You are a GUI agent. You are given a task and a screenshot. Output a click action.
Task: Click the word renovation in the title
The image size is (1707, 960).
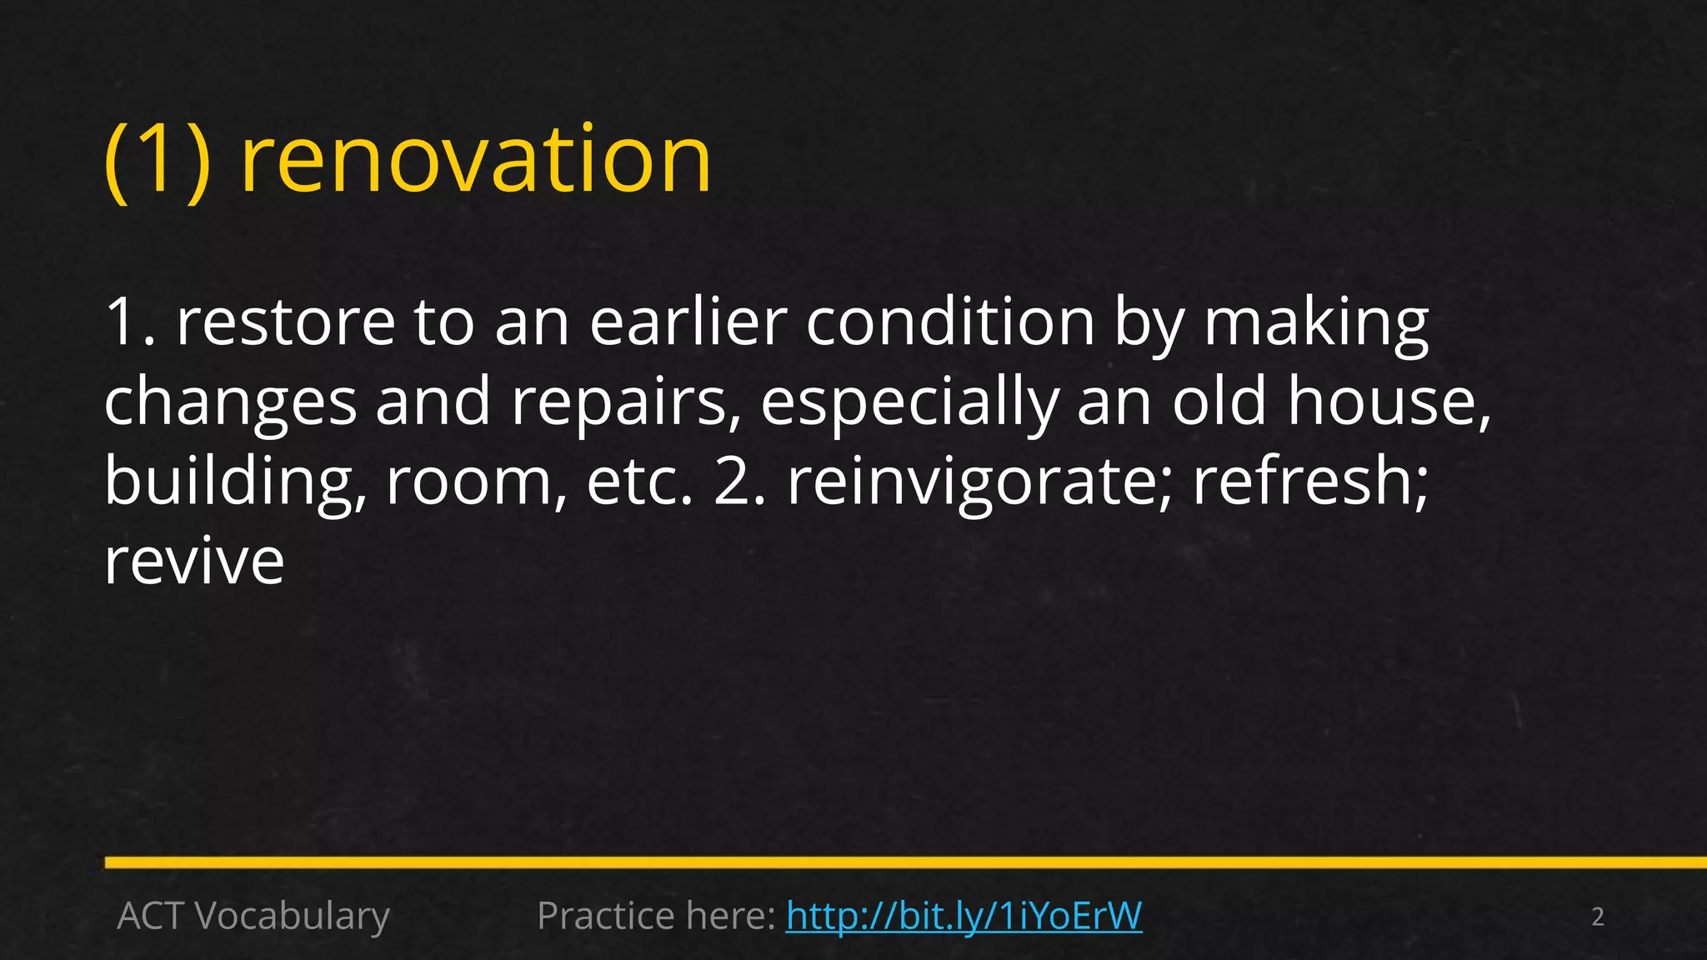[476, 160]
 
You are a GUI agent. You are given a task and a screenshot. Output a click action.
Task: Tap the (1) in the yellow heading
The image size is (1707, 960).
[158, 160]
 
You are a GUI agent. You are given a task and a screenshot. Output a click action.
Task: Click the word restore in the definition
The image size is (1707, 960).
[286, 322]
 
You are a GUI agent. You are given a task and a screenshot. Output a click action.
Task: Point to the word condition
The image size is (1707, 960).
[950, 322]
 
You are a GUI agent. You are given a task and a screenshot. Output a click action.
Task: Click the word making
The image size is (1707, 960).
[1316, 322]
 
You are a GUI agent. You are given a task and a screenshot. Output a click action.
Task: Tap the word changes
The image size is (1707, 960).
[230, 402]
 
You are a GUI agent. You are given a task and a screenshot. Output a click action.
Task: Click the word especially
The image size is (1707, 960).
[909, 402]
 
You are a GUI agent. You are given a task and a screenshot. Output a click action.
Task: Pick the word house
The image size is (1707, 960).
[1389, 402]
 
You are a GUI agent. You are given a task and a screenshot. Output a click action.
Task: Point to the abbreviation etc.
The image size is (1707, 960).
[639, 482]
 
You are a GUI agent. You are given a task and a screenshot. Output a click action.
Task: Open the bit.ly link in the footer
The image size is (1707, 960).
[964, 916]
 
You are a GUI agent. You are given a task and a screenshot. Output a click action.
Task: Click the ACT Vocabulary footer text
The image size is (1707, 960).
[253, 916]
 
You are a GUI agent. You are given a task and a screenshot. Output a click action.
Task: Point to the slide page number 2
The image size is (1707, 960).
[1597, 917]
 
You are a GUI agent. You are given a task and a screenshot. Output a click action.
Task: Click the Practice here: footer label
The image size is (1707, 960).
[657, 916]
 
